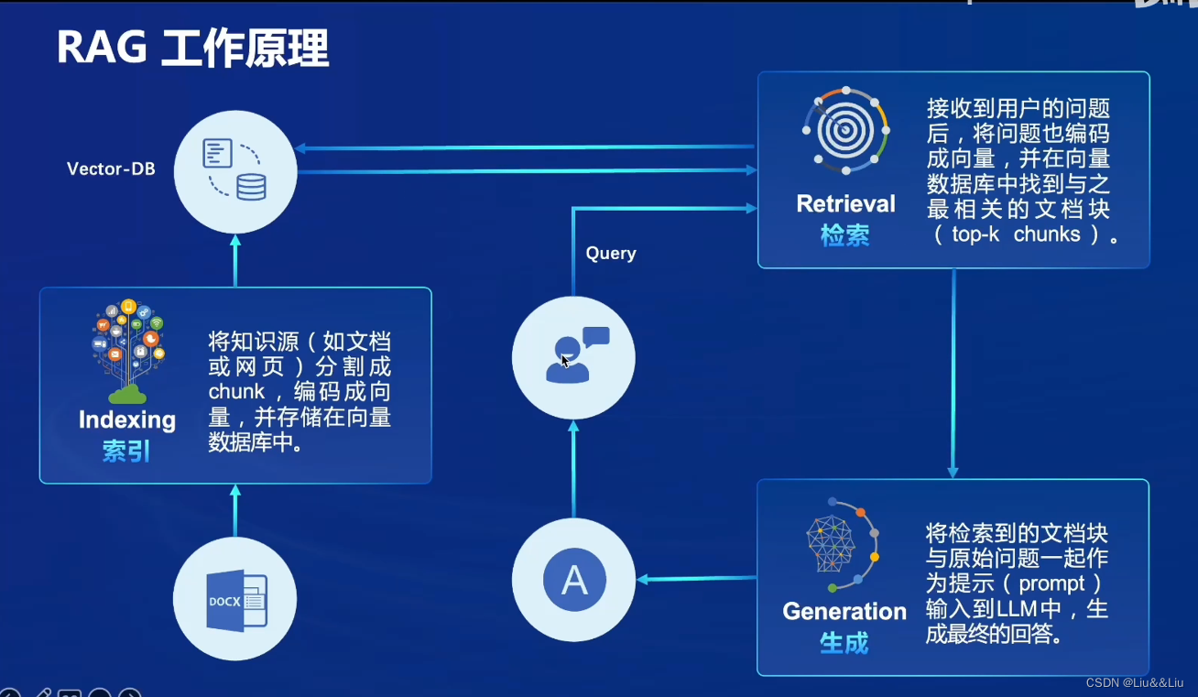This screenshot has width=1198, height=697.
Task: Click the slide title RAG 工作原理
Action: (x=192, y=49)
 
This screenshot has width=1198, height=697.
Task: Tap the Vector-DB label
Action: (x=111, y=169)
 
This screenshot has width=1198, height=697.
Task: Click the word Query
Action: (x=611, y=254)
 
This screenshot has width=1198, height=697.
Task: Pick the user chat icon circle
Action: (x=573, y=357)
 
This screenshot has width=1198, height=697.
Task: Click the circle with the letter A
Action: (x=573, y=580)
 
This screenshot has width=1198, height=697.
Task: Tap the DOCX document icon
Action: (x=235, y=600)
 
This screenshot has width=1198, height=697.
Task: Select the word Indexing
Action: (x=127, y=420)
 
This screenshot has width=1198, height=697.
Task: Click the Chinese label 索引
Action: (x=126, y=452)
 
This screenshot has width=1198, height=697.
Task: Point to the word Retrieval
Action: (x=845, y=204)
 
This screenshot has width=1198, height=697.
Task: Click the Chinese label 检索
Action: (x=844, y=235)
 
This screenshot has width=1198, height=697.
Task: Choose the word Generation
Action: (x=844, y=612)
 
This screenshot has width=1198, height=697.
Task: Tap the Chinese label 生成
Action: (x=844, y=643)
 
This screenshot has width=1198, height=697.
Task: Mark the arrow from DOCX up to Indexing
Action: (x=235, y=510)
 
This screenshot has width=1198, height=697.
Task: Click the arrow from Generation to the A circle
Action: (x=696, y=579)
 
